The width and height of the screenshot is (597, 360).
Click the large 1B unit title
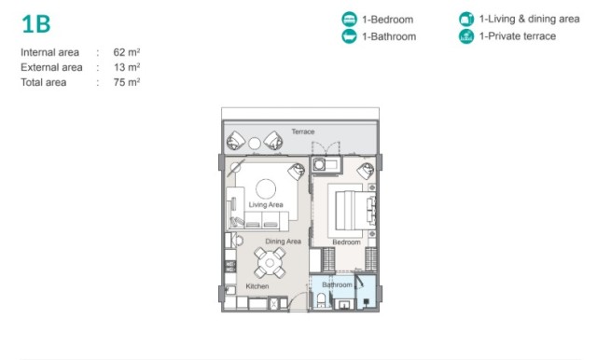(36, 24)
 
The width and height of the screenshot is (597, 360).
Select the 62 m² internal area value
(127, 52)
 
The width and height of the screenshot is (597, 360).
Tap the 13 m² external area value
(127, 67)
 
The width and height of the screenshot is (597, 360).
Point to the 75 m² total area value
(127, 82)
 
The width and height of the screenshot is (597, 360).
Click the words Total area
(44, 82)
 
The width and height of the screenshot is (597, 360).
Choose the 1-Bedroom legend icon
(349, 19)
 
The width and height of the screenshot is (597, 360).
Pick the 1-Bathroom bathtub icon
(349, 36)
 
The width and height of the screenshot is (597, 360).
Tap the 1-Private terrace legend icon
(466, 36)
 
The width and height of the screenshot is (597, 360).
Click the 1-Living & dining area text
(529, 19)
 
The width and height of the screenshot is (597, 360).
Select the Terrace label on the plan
(303, 132)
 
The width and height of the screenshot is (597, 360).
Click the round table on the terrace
(255, 144)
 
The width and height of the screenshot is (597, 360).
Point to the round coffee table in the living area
(266, 188)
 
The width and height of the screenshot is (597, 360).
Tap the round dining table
(270, 263)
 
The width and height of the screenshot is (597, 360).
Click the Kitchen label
(257, 286)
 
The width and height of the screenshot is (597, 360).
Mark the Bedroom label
(346, 242)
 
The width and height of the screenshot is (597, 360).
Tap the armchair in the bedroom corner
(366, 171)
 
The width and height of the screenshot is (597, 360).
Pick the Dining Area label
(283, 242)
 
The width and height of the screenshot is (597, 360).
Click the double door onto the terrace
(326, 148)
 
